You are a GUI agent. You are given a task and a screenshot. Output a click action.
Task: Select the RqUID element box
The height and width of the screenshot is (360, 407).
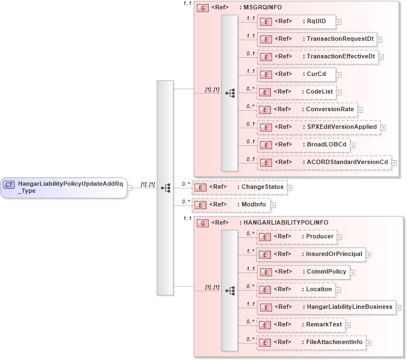click(296, 21)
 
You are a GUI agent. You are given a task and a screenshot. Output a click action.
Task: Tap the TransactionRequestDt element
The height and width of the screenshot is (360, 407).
click(317, 39)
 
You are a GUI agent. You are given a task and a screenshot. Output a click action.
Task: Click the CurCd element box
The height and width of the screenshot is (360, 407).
click(296, 74)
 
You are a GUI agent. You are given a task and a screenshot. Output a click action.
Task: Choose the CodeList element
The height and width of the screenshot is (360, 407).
click(297, 92)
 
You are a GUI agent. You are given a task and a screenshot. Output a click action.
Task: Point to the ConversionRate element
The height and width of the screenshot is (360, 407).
click(307, 110)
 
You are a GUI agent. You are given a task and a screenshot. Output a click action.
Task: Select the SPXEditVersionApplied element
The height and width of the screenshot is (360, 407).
click(318, 127)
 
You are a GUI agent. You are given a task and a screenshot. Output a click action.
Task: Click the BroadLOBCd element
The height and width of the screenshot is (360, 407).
click(306, 145)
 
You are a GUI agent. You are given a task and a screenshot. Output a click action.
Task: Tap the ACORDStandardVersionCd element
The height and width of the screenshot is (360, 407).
click(324, 162)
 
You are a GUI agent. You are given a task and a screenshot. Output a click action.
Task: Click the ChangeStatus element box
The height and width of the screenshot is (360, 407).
click(239, 187)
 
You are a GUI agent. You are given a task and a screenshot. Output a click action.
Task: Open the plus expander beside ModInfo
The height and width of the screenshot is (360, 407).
click(273, 205)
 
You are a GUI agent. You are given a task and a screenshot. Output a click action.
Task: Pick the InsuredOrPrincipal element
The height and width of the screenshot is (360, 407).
click(311, 254)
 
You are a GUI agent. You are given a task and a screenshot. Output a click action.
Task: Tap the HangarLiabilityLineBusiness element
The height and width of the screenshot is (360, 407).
click(325, 307)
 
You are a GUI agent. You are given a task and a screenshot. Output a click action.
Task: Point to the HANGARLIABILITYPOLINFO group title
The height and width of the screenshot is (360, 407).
click(285, 223)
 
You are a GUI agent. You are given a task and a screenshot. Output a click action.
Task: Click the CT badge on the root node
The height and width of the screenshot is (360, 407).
click(9, 184)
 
